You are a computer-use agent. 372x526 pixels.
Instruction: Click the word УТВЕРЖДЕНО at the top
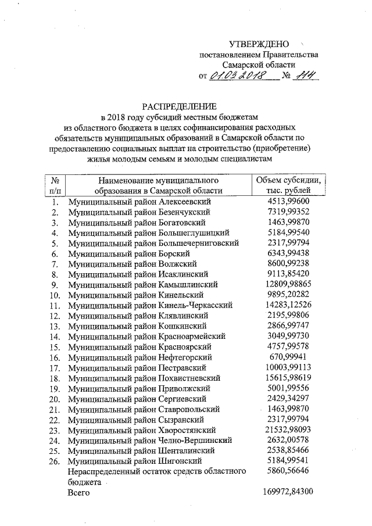coord(259,44)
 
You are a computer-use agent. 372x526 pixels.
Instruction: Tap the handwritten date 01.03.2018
coord(237,76)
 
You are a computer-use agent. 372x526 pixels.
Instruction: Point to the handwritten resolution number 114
coord(303,76)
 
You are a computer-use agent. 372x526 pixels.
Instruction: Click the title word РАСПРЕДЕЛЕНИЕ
coord(180,106)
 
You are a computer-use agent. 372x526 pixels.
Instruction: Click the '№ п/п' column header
coord(56,185)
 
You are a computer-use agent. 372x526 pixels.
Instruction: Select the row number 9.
coord(55,285)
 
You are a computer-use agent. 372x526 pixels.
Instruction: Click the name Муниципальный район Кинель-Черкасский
coord(151,305)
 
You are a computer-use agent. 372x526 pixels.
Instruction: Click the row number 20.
coord(55,399)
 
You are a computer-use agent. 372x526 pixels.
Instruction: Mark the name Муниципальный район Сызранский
coord(134,419)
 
